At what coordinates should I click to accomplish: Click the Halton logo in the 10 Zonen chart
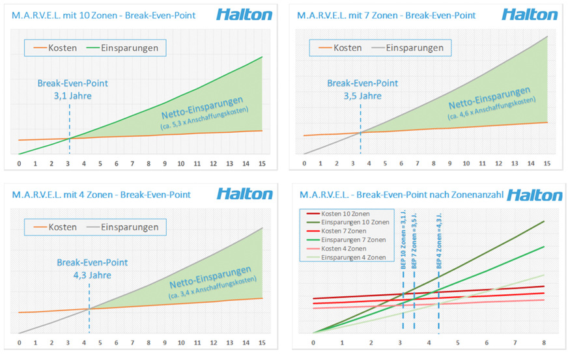244,15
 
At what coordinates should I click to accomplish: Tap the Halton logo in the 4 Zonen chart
244,194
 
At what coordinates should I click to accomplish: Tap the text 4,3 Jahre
84,275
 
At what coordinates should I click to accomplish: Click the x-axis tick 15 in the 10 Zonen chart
262,163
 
